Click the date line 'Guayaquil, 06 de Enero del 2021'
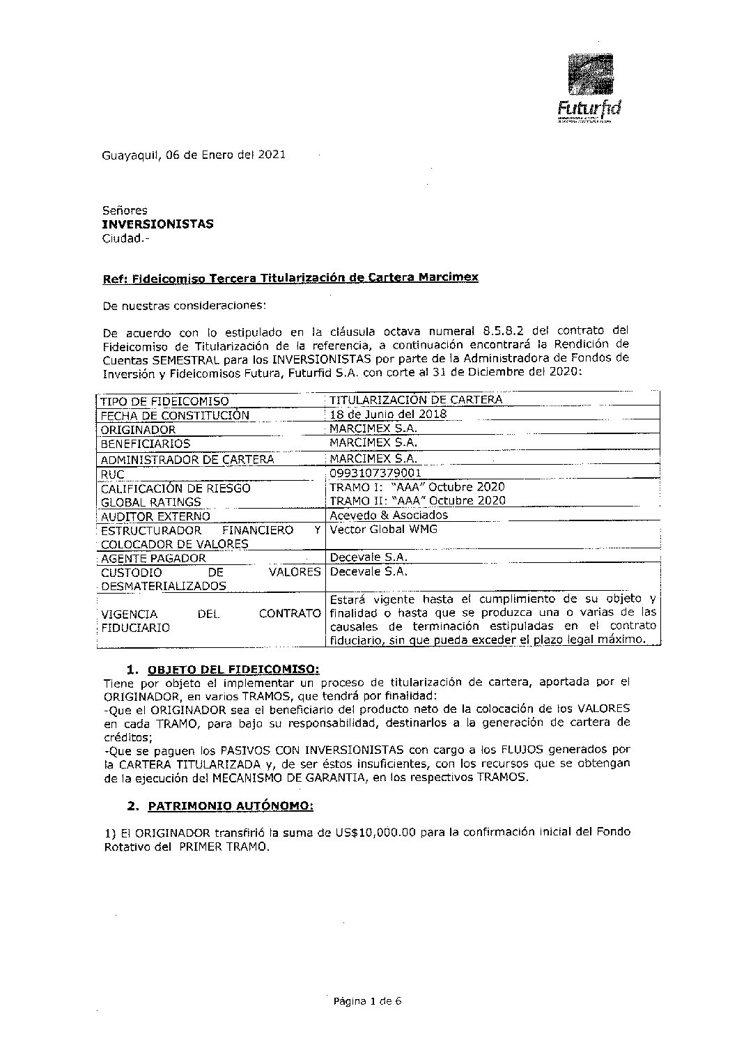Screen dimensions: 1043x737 click(x=193, y=155)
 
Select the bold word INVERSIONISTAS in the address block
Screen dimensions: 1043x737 click(x=157, y=224)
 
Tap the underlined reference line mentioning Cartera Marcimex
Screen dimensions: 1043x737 click(x=290, y=277)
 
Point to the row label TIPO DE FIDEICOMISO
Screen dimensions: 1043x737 click(x=164, y=401)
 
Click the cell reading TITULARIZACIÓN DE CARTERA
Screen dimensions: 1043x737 click(x=415, y=400)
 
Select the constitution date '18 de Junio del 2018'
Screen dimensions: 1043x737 click(x=388, y=415)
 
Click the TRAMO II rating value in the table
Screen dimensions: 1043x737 click(x=417, y=501)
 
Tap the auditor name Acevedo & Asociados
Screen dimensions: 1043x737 click(x=389, y=516)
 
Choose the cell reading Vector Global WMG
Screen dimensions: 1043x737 click(x=383, y=530)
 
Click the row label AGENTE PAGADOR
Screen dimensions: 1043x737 click(x=153, y=559)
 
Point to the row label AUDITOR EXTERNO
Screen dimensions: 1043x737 click(x=155, y=517)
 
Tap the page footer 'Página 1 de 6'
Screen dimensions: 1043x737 click(x=368, y=1002)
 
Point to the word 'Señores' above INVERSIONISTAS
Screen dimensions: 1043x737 click(x=125, y=210)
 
